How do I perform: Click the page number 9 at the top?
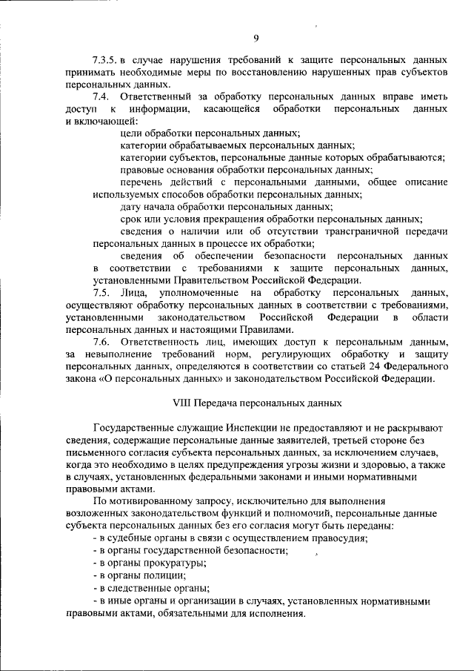(256, 39)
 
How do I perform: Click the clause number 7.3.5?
(107, 59)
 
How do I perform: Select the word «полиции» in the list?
(165, 575)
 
